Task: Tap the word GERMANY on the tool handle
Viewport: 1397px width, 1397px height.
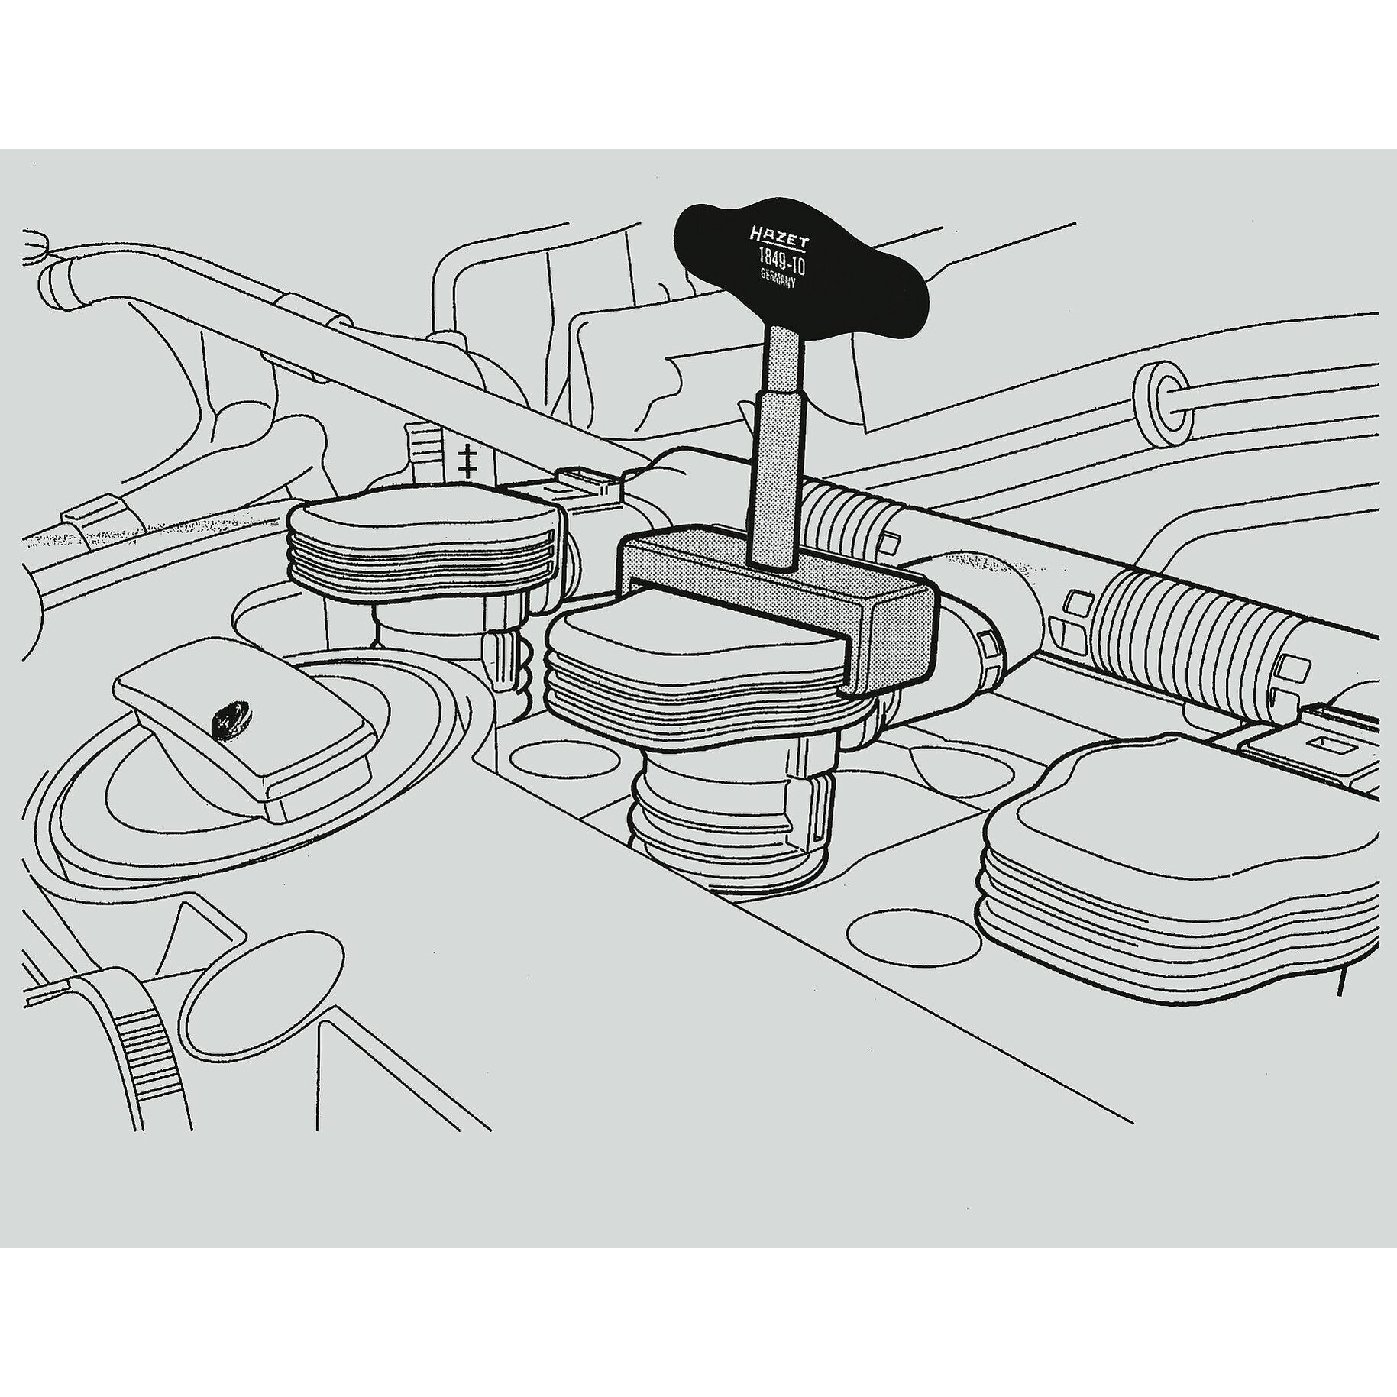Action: (x=778, y=280)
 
